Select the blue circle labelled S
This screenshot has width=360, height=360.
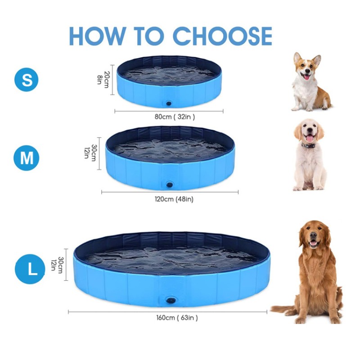pyautogui.click(x=27, y=80)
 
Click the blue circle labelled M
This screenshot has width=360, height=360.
pyautogui.click(x=27, y=158)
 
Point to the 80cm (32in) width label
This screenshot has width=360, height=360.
pyautogui.click(x=175, y=117)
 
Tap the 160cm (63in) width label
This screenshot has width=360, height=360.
pyautogui.click(x=176, y=318)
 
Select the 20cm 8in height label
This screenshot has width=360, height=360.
pyautogui.click(x=103, y=79)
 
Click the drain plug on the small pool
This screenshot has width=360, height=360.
pyautogui.click(x=169, y=103)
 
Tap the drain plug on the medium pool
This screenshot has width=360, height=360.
pyautogui.click(x=171, y=184)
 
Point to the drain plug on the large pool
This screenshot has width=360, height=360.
pyautogui.click(x=171, y=300)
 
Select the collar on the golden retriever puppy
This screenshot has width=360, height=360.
pyautogui.click(x=308, y=145)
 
